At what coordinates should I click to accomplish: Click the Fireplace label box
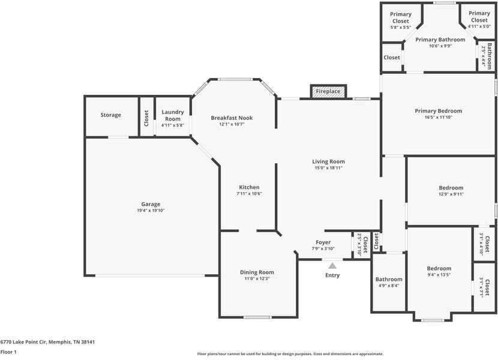[328, 91]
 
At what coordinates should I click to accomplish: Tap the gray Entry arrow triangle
[332, 264]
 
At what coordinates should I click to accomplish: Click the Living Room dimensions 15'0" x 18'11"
[328, 168]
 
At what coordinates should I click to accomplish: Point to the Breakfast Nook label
[232, 118]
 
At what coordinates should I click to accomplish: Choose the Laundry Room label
[173, 115]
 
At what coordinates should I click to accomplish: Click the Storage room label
[110, 115]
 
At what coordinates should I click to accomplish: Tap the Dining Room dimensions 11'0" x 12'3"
[257, 278]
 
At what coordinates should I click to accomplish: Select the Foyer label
[323, 242]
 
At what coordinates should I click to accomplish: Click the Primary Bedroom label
[438, 110]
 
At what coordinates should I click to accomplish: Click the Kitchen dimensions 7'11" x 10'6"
[249, 193]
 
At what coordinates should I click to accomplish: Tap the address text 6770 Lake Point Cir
[47, 342]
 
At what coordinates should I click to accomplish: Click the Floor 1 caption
[8, 352]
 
